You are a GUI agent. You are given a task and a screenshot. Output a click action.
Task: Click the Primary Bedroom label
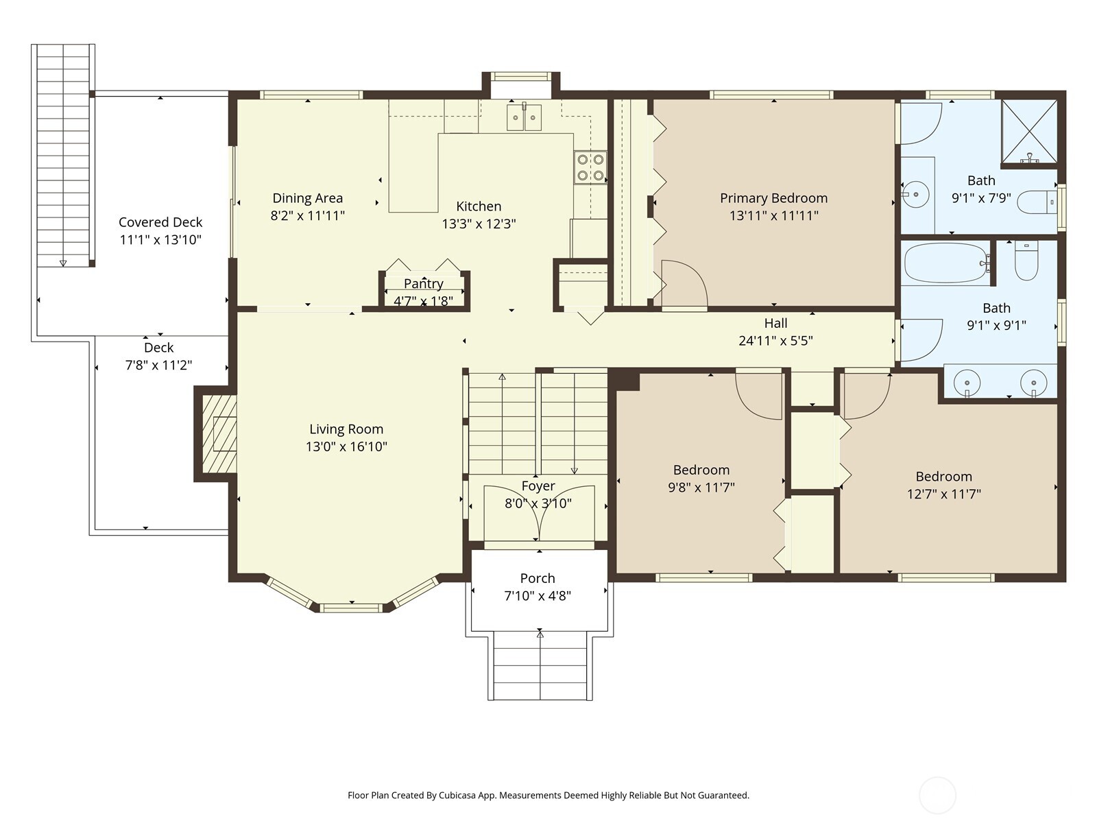[773, 198]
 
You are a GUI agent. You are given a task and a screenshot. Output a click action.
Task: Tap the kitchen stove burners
[590, 167]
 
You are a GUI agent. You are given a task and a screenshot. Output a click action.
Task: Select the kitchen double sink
[524, 118]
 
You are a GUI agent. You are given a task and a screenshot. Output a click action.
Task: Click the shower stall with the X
[1029, 132]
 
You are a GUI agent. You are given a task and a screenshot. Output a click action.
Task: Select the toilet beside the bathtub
[1026, 261]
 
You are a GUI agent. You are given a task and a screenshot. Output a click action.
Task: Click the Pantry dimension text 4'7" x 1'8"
[423, 301]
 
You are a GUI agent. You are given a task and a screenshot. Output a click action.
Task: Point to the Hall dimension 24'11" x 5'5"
[775, 341]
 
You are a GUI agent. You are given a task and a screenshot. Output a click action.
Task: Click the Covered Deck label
[160, 222]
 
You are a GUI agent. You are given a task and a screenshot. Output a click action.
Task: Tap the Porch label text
[538, 578]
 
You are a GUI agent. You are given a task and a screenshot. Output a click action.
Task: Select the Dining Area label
[307, 198]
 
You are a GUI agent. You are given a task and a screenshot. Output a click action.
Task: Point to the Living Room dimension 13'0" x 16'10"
[346, 446]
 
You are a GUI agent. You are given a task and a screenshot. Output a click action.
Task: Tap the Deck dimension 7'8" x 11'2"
[158, 366]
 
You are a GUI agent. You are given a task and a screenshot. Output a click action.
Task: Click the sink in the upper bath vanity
[915, 194]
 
